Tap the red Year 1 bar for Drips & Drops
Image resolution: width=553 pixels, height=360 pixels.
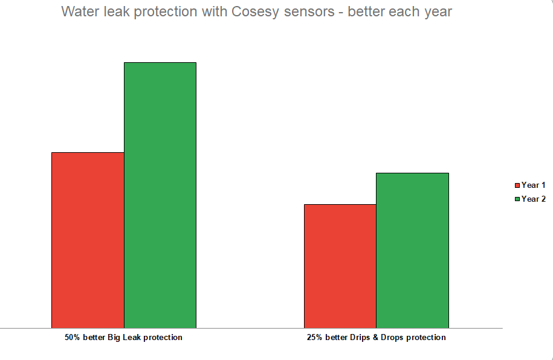pyautogui.click(x=340, y=266)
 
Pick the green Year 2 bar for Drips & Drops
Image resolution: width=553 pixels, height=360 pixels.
pyautogui.click(x=412, y=250)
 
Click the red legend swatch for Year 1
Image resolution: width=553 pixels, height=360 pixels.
pyautogui.click(x=517, y=185)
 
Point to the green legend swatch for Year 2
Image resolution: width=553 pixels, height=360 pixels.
pyautogui.click(x=517, y=199)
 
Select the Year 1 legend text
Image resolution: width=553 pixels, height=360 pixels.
pyautogui.click(x=534, y=185)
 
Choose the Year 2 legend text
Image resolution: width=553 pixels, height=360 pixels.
pyautogui.click(x=534, y=199)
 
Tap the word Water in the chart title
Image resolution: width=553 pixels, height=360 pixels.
pyautogui.click(x=80, y=11)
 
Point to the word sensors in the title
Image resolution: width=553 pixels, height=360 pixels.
pyautogui.click(x=306, y=11)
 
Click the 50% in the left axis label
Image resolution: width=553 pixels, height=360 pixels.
pyautogui.click(x=73, y=338)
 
